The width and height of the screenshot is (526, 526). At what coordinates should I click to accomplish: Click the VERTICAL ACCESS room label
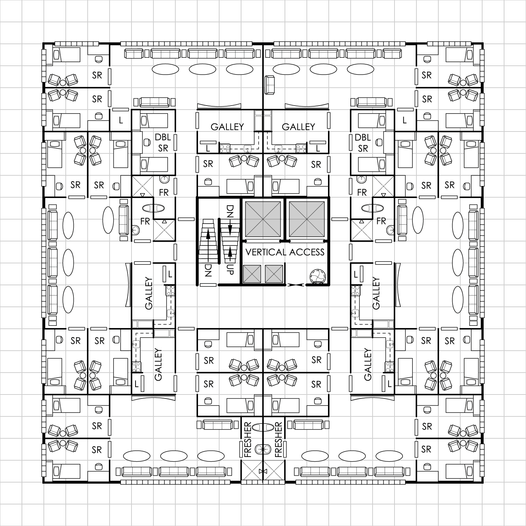285,252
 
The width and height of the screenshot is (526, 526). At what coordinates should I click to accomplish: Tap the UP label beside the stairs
230,269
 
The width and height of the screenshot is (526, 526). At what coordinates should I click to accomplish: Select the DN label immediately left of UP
208,270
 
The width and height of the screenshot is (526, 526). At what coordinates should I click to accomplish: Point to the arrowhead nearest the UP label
230,252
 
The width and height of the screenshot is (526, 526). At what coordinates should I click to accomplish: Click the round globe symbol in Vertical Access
317,276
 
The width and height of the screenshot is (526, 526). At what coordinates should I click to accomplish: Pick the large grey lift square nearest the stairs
263,219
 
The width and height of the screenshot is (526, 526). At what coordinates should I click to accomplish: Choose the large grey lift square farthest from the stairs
307,219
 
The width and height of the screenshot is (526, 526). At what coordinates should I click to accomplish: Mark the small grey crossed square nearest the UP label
252,274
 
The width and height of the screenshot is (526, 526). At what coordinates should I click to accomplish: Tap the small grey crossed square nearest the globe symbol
274,274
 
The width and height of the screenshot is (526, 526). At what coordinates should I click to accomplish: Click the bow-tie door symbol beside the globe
296,285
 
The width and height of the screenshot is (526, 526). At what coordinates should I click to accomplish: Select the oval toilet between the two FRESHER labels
263,427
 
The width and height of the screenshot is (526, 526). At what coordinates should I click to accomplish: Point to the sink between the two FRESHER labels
263,449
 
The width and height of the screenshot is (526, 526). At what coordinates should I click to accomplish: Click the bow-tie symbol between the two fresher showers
263,471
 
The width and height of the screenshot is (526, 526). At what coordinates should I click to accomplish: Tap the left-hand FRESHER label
247,440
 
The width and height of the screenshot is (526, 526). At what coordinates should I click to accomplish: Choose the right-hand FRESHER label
278,440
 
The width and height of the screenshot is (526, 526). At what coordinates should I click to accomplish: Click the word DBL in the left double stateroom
163,137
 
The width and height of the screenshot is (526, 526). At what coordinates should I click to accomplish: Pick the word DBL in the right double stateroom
363,137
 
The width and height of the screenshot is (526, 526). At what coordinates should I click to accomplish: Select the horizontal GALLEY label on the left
227,127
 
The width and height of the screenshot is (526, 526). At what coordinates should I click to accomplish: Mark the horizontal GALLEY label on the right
298,127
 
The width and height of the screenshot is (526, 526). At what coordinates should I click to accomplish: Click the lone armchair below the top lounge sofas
270,85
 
